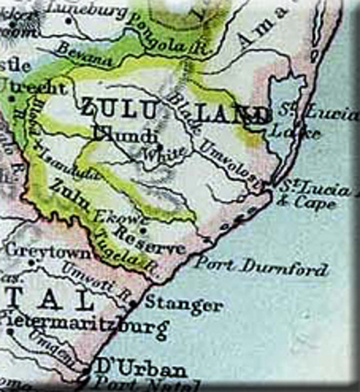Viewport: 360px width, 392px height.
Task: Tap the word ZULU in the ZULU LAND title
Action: click(114, 109)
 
